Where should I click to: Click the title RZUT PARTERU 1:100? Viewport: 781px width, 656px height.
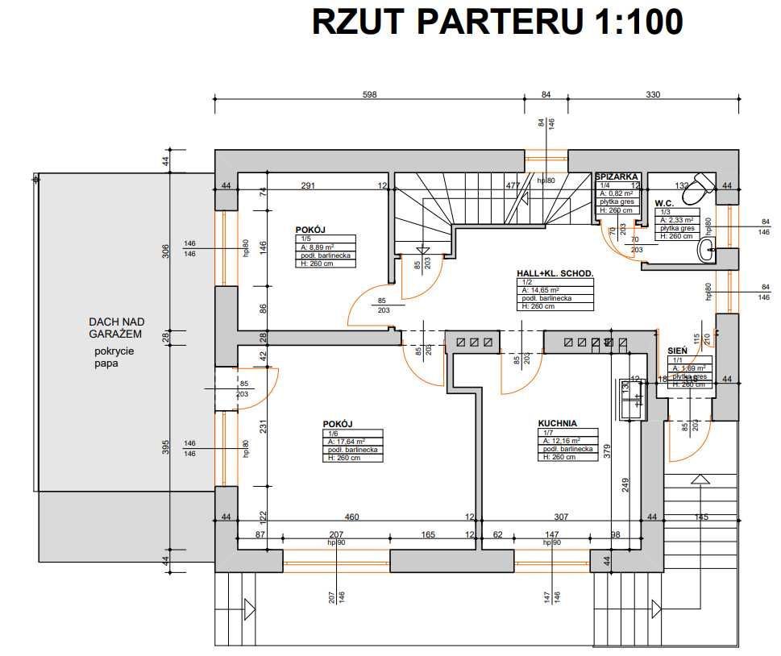(497, 22)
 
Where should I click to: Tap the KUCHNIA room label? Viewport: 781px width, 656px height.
(558, 422)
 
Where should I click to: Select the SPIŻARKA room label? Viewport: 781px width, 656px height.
(617, 176)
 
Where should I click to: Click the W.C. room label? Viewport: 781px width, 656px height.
(664, 203)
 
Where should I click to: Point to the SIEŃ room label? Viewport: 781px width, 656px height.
(677, 351)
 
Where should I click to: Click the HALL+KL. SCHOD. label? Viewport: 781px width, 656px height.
(555, 274)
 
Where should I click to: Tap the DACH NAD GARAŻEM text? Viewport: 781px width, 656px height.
(115, 327)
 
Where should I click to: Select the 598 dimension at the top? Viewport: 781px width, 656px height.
(369, 94)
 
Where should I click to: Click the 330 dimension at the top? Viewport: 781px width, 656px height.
(653, 94)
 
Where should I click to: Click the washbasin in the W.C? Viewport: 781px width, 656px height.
(708, 249)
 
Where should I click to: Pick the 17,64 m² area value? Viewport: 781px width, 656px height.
(347, 441)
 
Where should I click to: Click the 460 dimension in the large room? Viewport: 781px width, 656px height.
(351, 517)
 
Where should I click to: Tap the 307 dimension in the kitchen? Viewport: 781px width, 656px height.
(561, 517)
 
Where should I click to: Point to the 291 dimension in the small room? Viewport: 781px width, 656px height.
(307, 185)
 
